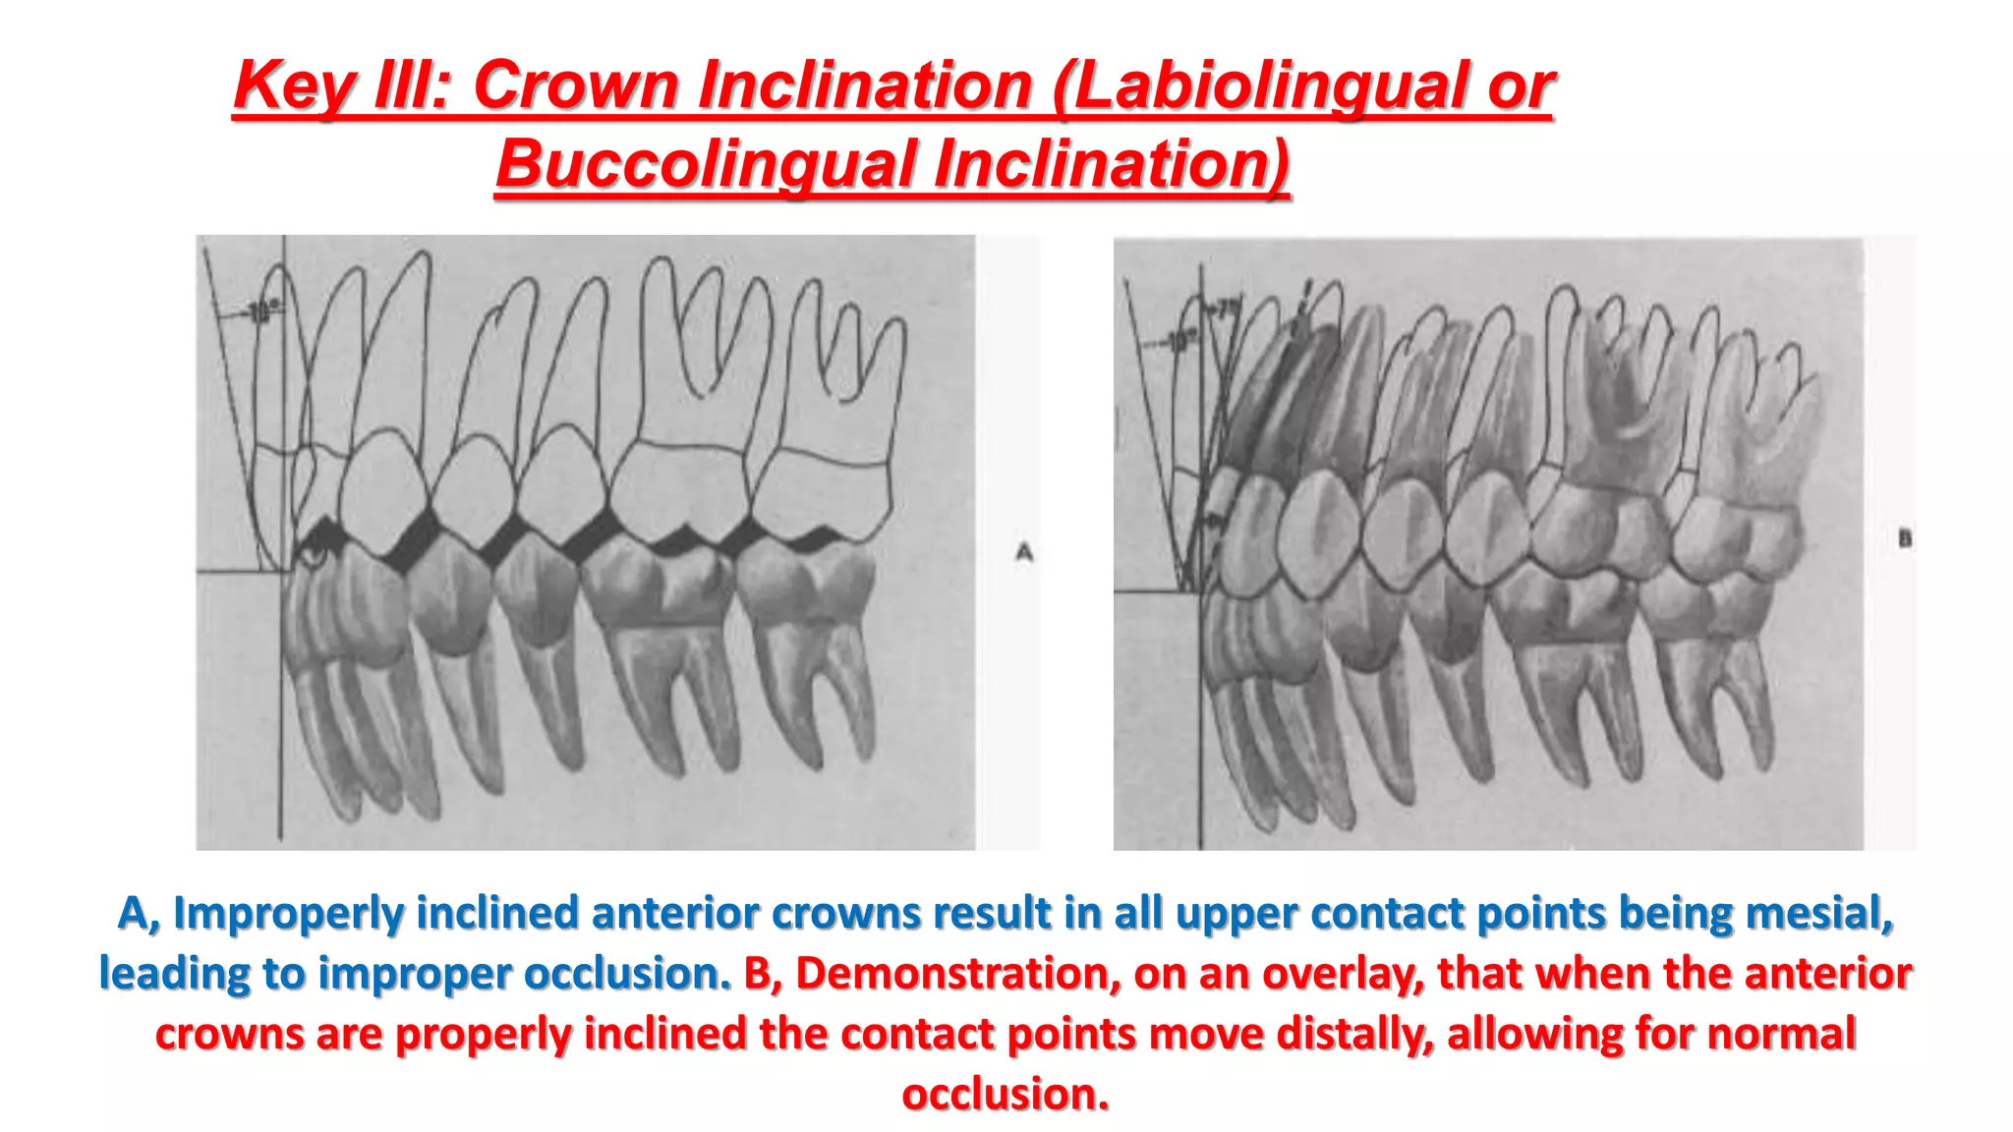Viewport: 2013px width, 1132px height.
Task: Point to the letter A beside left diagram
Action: click(x=1024, y=553)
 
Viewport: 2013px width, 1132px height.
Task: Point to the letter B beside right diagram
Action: click(x=1905, y=538)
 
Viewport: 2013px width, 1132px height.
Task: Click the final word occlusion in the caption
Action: click(x=1006, y=1094)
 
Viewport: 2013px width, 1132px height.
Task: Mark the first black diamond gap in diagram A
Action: click(x=416, y=541)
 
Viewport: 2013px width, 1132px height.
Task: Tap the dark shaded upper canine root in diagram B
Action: click(x=1278, y=393)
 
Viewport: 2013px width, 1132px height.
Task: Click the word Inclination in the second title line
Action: click(x=1111, y=163)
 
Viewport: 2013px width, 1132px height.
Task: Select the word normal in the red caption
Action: click(x=1782, y=1034)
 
